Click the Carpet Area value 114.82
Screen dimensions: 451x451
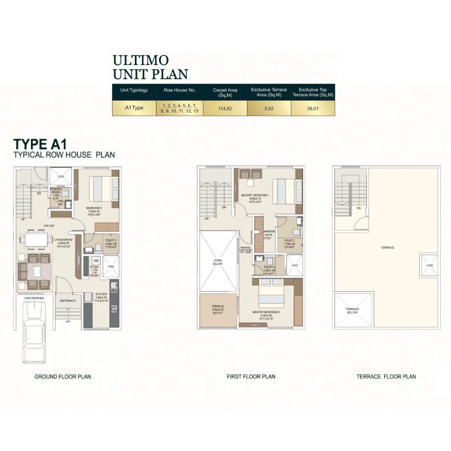tap(225, 108)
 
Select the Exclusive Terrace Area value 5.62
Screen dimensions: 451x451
tap(269, 108)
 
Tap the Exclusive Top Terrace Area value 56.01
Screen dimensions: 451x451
tap(313, 108)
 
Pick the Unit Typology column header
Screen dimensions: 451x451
tap(134, 90)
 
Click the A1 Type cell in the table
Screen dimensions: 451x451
tap(134, 108)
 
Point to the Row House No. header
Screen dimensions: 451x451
tap(179, 90)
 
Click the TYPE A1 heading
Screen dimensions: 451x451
tap(40, 144)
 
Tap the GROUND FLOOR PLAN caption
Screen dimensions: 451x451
tap(63, 376)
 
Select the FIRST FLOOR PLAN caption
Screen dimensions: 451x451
tap(251, 376)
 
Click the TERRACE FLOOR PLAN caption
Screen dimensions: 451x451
tap(386, 376)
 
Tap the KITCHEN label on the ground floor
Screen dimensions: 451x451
tap(101, 294)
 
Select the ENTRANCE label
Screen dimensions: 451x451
tap(68, 301)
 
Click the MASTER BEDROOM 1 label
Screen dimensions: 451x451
tap(255, 195)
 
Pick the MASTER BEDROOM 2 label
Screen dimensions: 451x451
tap(266, 312)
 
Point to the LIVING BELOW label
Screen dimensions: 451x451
tap(218, 262)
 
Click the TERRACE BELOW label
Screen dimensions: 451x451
tap(352, 310)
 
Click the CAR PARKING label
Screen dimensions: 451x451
tap(34, 298)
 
